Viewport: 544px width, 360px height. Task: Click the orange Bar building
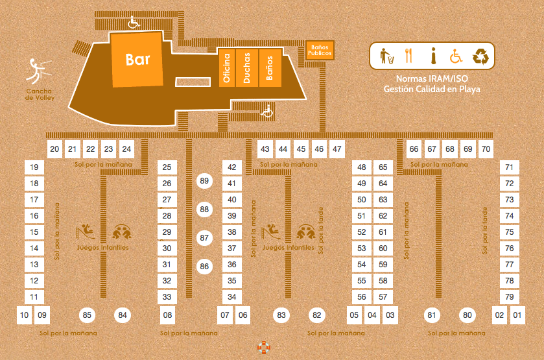(137, 60)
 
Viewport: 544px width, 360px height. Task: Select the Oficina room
(226, 67)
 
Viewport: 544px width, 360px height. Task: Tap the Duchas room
(247, 67)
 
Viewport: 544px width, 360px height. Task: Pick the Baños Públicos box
(320, 50)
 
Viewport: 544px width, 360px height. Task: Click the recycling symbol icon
(480, 56)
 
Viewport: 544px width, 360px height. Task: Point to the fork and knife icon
(408, 56)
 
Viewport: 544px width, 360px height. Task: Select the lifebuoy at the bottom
(264, 348)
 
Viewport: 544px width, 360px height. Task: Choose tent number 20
(55, 149)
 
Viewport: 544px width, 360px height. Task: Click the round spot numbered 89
(205, 181)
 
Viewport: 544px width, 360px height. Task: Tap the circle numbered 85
(88, 315)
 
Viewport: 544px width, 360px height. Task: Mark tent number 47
(337, 149)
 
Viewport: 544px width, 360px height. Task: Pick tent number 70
(486, 149)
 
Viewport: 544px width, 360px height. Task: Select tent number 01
(517, 315)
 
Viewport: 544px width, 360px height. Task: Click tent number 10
(25, 315)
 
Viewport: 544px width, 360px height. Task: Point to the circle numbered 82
(316, 315)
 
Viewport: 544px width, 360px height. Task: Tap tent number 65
(383, 167)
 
